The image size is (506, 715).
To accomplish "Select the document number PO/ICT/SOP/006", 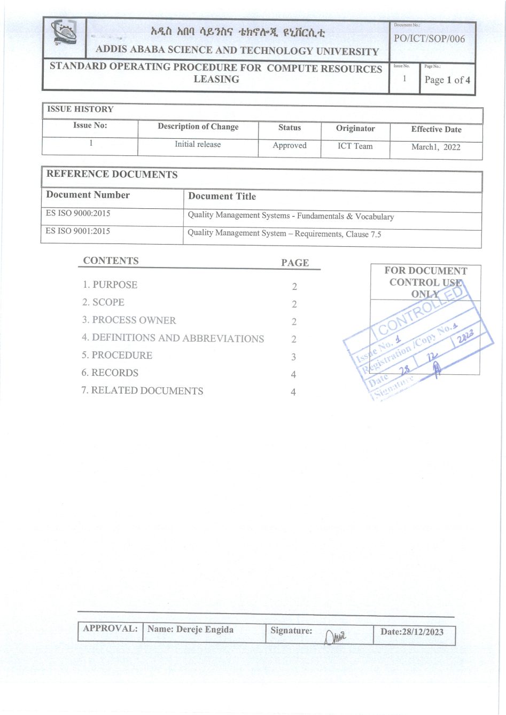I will click(x=429, y=38).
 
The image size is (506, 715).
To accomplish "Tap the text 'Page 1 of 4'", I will click(x=447, y=80).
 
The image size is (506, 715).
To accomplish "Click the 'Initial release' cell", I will click(x=198, y=144).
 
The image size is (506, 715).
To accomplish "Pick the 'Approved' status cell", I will click(x=290, y=145).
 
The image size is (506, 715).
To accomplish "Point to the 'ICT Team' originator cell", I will click(x=355, y=146).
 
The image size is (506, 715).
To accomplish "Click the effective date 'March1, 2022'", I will click(x=436, y=147).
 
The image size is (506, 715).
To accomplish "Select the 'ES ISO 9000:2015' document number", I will click(x=78, y=213).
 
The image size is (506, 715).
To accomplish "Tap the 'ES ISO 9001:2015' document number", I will click(x=78, y=231).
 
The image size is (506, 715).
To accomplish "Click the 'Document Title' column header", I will click(x=222, y=196).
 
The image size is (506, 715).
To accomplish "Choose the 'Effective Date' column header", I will click(x=436, y=129).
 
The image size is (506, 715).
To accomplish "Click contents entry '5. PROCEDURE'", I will click(x=116, y=355).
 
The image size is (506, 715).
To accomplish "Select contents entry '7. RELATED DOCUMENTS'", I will click(x=142, y=391).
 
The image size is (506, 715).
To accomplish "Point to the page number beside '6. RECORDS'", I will click(x=293, y=374).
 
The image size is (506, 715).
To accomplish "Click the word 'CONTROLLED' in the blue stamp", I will click(x=420, y=312).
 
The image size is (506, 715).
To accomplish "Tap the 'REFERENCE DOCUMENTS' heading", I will click(x=112, y=174).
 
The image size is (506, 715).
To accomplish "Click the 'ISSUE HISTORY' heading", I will click(x=80, y=109).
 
